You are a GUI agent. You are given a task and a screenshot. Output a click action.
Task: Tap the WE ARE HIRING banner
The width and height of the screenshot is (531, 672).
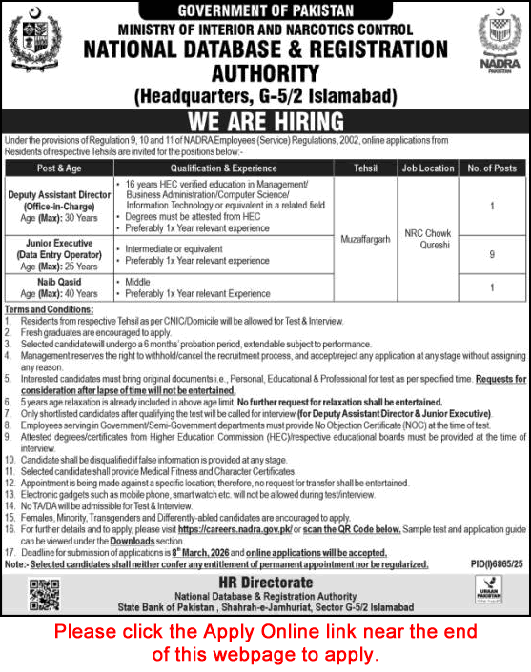tap(265, 122)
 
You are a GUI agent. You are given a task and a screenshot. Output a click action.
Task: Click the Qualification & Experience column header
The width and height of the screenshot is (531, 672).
tap(222, 168)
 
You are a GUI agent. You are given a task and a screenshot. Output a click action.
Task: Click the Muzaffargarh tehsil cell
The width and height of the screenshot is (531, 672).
tap(365, 242)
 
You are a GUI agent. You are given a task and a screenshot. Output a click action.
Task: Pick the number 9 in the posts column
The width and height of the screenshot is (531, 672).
tap(490, 254)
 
